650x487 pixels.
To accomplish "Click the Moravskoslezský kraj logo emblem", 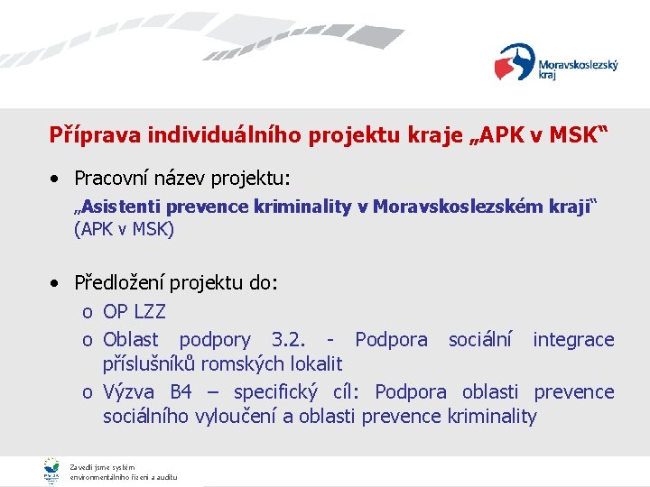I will [515, 62].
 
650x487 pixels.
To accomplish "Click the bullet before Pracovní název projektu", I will [57, 179].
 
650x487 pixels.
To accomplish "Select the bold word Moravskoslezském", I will [458, 207].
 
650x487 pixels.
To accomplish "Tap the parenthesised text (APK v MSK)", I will [124, 229].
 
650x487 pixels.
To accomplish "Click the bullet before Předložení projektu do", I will [57, 283].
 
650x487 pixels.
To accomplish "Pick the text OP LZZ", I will [135, 312].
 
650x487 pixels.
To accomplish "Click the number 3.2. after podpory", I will [290, 339].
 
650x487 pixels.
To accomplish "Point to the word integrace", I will [573, 339].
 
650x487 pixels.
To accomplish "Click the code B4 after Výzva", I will [181, 391].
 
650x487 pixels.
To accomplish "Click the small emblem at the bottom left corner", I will [51, 470].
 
